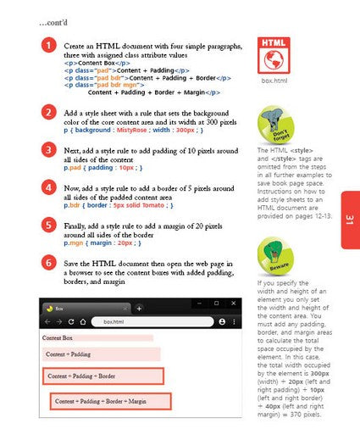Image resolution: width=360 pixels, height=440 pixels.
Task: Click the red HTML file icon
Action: click(274, 55)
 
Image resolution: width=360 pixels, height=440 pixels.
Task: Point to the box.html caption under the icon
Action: click(274, 82)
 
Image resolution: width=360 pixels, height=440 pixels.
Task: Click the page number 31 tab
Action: click(349, 220)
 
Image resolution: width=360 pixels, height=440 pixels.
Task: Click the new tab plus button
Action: click(139, 309)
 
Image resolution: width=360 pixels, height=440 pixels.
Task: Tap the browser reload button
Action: click(71, 322)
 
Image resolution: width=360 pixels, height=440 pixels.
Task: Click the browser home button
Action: click(82, 322)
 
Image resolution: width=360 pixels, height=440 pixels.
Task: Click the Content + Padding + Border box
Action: click(102, 376)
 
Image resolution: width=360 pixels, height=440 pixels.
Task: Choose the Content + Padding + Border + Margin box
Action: click(110, 401)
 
